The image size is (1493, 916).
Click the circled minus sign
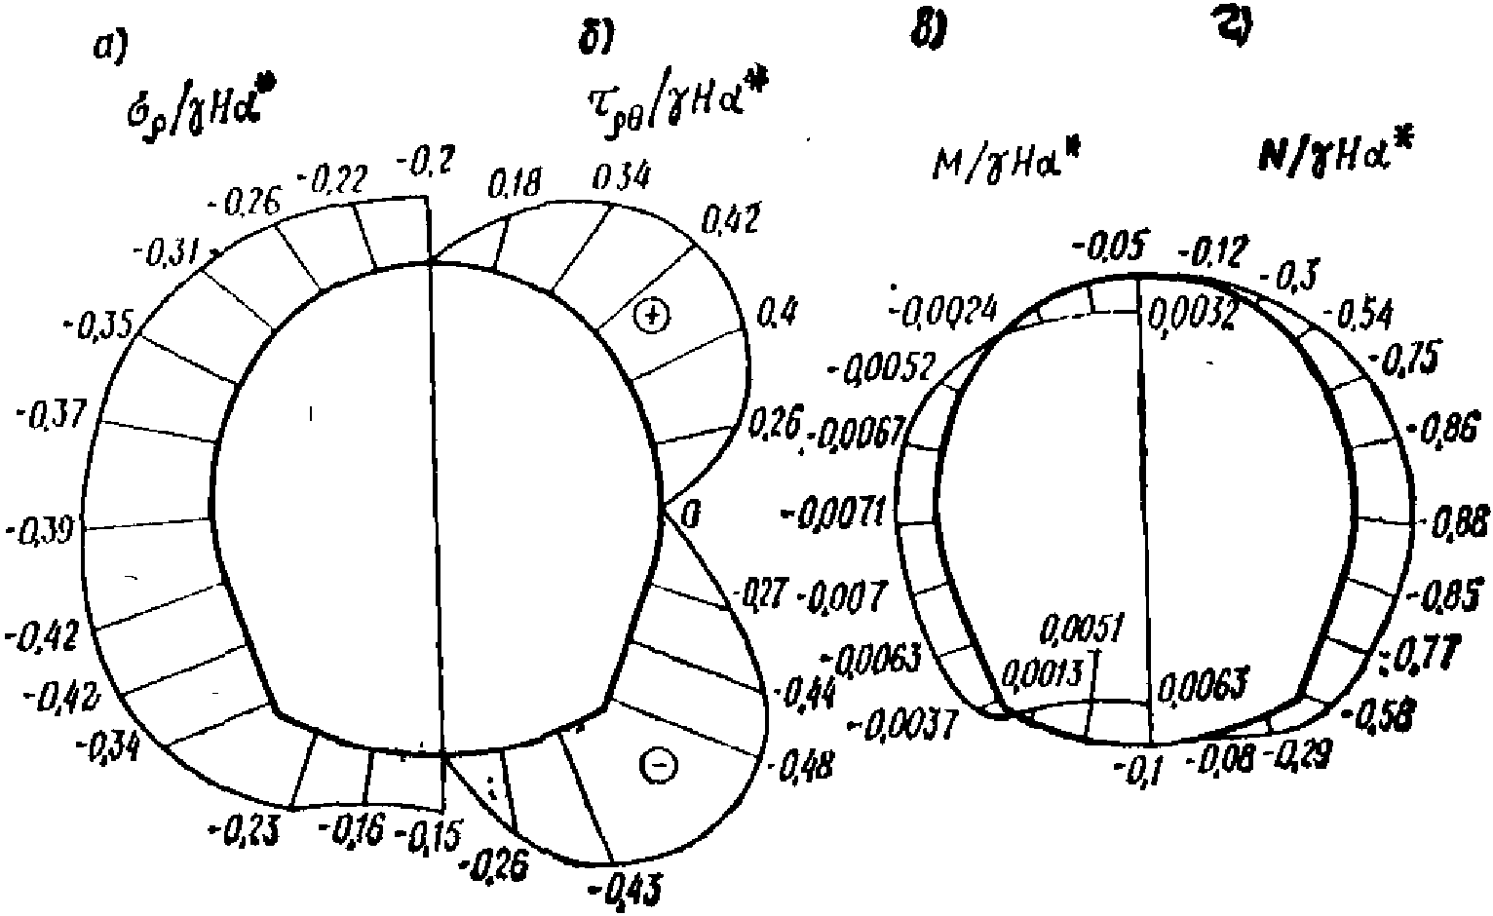coord(658,765)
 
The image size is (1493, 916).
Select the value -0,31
coord(165,255)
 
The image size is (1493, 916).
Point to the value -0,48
coord(801,767)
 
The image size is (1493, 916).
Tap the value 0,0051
coord(1082,629)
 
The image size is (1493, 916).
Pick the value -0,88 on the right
coord(1456,523)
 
